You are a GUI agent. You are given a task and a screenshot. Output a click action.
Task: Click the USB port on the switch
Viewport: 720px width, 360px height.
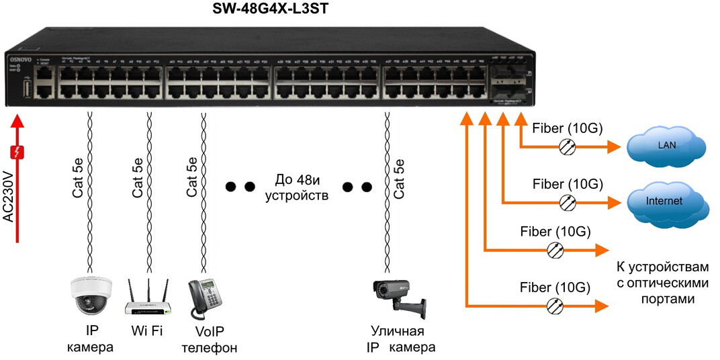[28, 89]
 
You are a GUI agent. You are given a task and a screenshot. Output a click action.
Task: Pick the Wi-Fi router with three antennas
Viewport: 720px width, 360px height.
[148, 299]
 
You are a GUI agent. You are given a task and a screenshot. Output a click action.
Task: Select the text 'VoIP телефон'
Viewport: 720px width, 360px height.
[210, 340]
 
